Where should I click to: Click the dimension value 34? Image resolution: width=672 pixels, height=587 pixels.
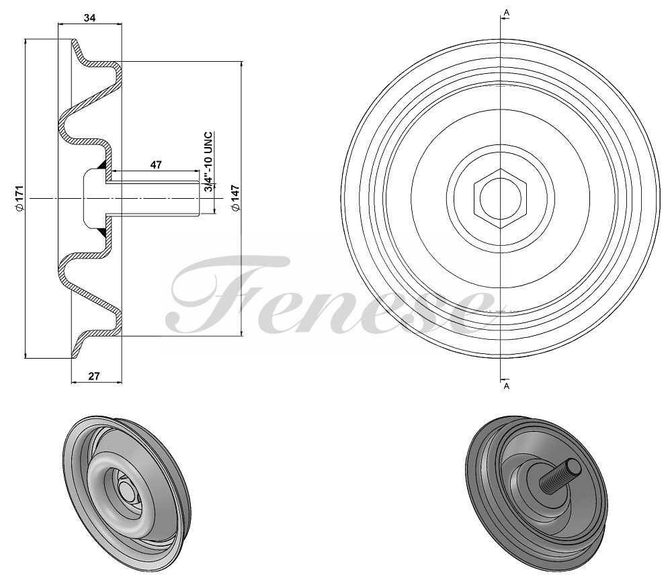click(89, 17)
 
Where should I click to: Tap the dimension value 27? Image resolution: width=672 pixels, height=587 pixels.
click(94, 376)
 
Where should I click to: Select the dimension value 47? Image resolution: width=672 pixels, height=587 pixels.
click(156, 164)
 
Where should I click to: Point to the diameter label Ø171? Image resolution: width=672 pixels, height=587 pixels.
click(19, 198)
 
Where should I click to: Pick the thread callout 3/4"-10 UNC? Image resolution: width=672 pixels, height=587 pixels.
click(208, 162)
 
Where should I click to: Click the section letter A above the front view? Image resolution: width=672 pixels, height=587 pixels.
click(506, 13)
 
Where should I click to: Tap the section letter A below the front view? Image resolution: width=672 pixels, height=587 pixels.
click(506, 386)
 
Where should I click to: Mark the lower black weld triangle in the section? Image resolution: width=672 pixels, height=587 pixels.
click(103, 231)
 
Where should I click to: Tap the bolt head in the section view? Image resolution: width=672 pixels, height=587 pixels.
click(94, 198)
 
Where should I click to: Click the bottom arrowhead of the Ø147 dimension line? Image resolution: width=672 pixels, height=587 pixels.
click(242, 333)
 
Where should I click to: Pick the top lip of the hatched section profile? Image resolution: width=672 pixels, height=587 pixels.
click(76, 44)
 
